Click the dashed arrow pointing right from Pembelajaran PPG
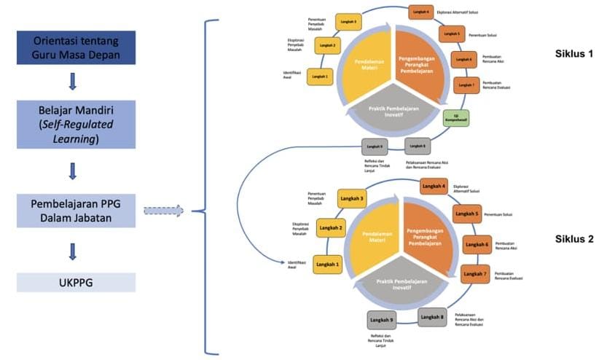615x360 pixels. (x=162, y=211)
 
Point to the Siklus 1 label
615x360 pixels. (x=574, y=54)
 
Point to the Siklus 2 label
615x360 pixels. (x=574, y=238)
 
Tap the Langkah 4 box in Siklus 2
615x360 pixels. (x=434, y=187)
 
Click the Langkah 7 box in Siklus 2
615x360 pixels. (x=475, y=274)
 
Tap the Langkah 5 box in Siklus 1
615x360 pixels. (x=451, y=34)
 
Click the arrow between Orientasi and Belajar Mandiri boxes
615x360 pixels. (x=73, y=80)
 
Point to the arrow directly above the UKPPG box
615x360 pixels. (x=73, y=251)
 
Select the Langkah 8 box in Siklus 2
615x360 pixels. (x=431, y=316)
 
